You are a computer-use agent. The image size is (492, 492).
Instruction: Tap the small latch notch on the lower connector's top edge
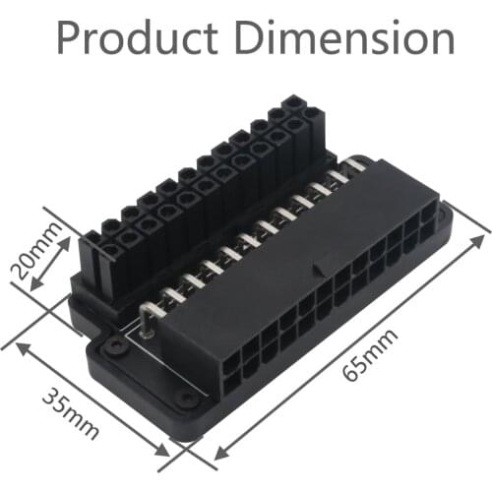[x=317, y=267]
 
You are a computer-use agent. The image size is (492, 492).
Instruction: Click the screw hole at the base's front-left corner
[x=114, y=346]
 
